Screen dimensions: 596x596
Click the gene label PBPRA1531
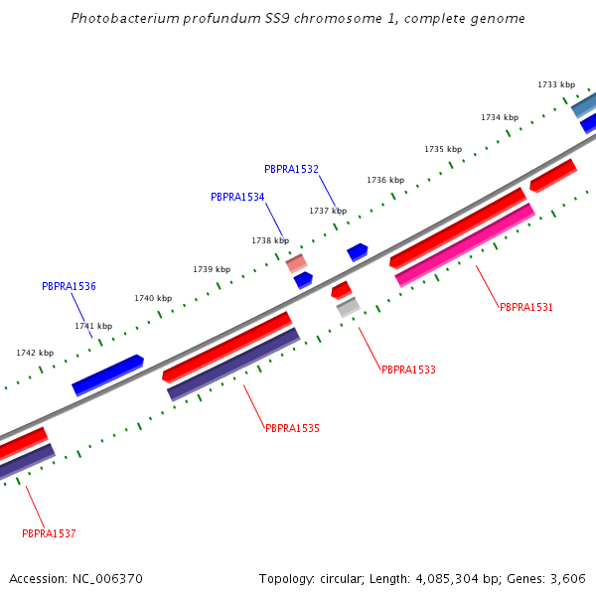tap(526, 308)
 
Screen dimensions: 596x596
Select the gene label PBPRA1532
tap(291, 170)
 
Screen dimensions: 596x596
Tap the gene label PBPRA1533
tap(408, 371)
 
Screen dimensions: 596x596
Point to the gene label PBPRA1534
tap(237, 198)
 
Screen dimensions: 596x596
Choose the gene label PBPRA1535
tap(292, 429)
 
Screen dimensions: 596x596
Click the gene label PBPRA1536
tap(69, 287)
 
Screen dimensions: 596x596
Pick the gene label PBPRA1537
tap(49, 534)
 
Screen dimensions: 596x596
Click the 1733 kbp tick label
tap(556, 85)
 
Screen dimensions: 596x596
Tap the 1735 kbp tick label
tap(443, 150)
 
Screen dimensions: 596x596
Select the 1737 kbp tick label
tap(328, 212)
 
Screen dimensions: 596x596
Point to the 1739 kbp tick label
tap(212, 270)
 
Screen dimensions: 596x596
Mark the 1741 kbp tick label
tap(93, 327)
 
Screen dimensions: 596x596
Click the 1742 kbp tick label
tap(35, 354)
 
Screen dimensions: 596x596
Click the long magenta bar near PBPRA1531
tap(465, 245)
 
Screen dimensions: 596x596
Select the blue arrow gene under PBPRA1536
tap(108, 373)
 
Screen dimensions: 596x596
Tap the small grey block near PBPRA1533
tap(348, 308)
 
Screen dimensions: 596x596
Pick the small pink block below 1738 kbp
tap(296, 264)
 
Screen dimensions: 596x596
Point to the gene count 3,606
tap(569, 579)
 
